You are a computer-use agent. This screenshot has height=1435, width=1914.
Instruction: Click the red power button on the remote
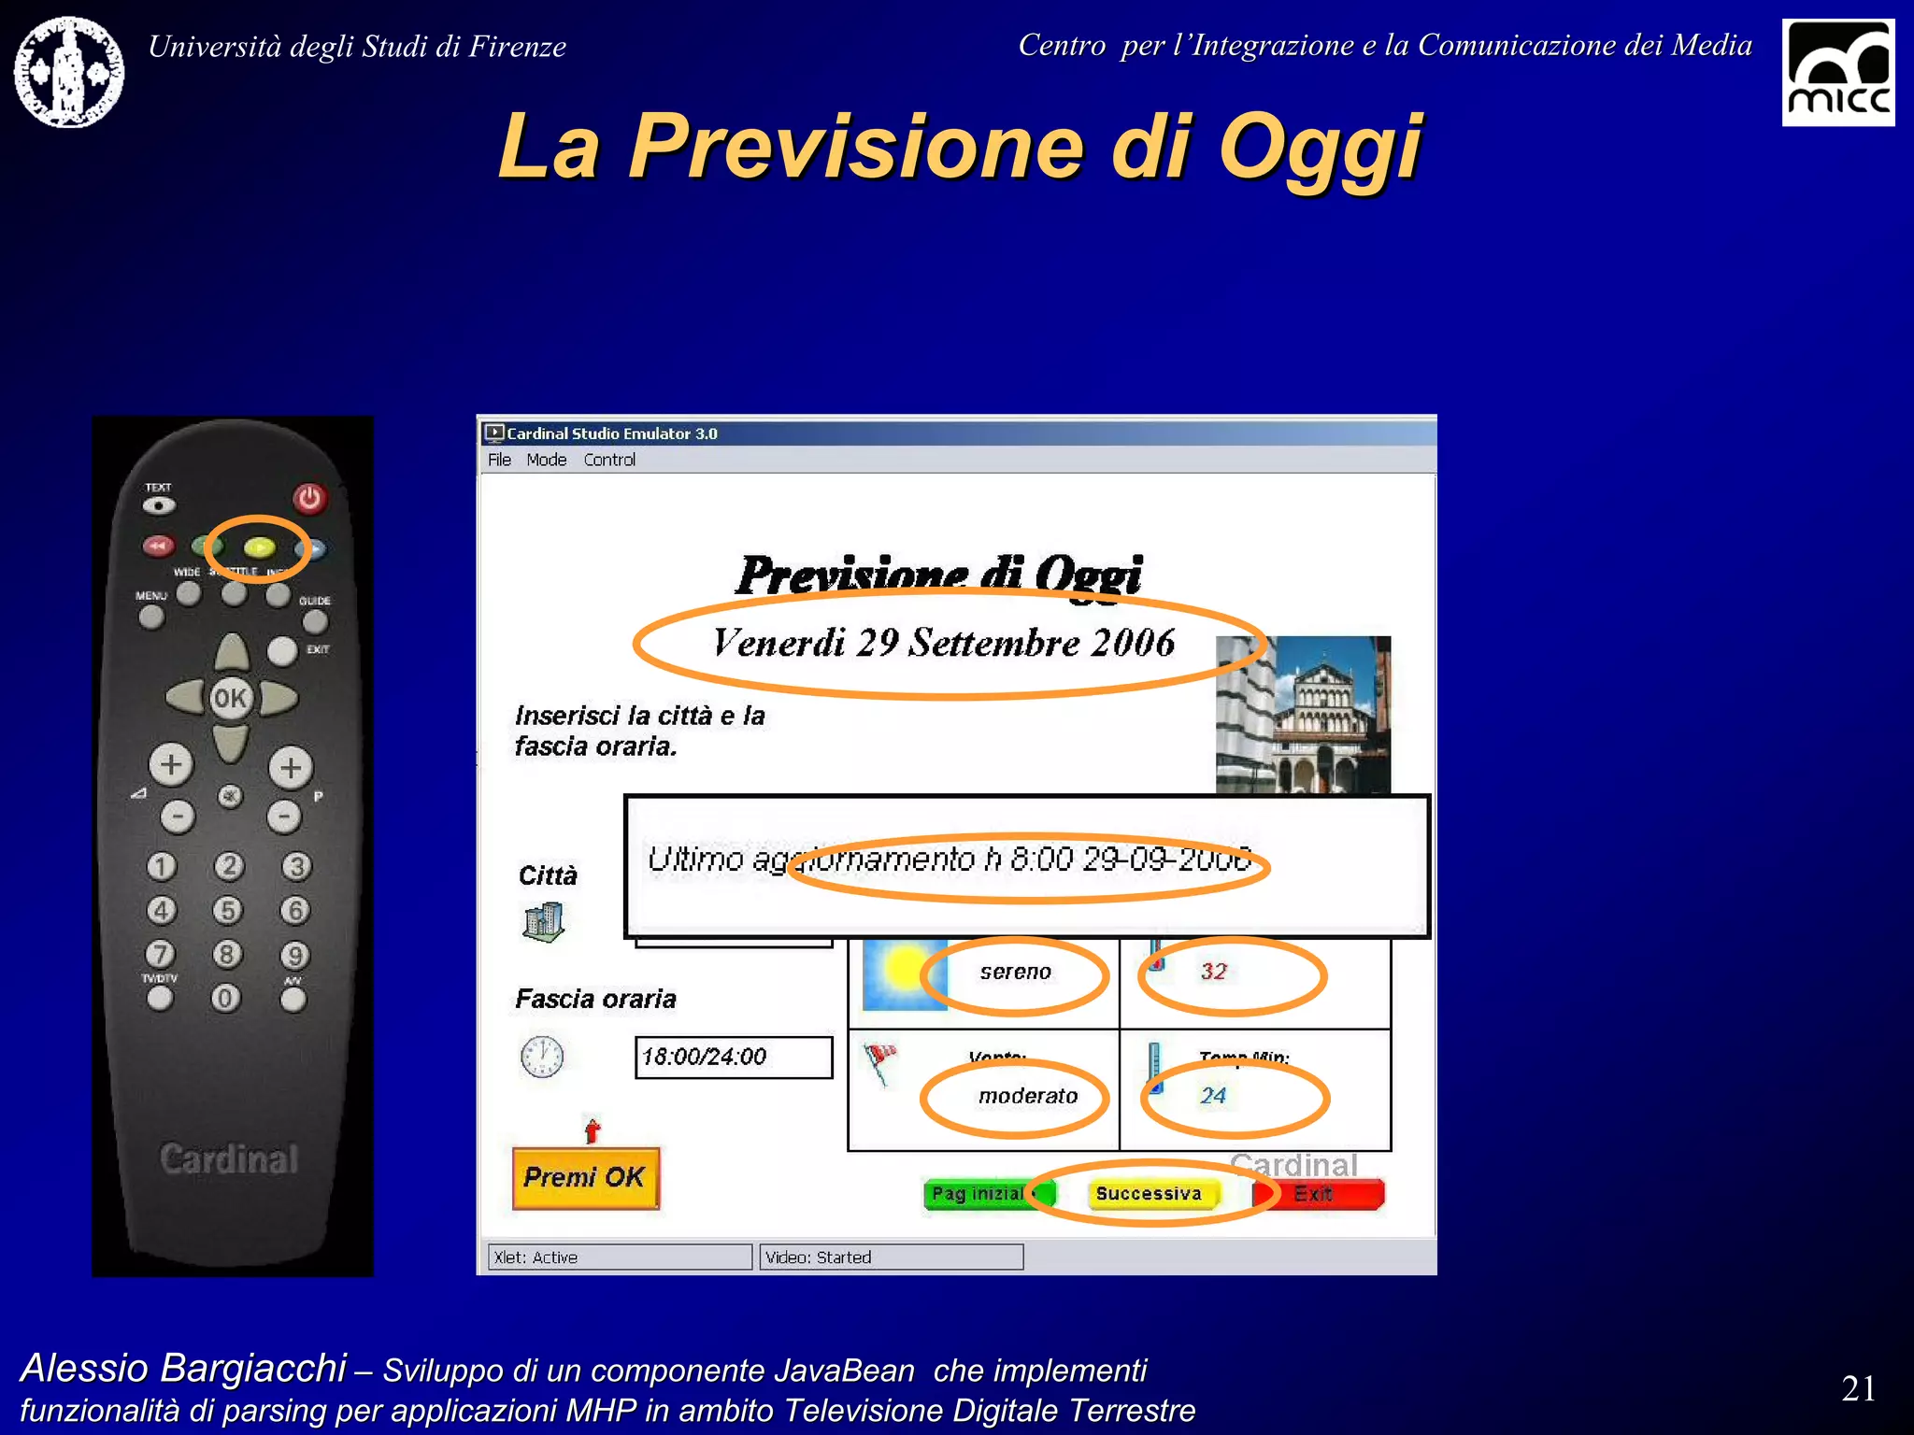click(309, 498)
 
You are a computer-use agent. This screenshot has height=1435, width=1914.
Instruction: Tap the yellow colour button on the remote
click(259, 547)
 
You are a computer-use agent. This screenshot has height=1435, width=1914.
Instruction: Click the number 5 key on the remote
click(227, 909)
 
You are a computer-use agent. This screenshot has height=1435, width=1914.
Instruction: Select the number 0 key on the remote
click(225, 998)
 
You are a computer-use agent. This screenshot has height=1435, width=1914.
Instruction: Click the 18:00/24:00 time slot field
click(733, 1057)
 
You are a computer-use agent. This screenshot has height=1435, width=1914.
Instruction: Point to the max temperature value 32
click(1213, 972)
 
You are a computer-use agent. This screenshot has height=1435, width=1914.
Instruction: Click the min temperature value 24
click(1213, 1095)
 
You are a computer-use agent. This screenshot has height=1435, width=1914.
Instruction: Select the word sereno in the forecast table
click(1015, 972)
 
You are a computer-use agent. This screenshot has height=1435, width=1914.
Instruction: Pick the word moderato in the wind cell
click(1027, 1095)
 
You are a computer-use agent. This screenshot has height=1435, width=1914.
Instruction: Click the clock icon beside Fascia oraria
click(542, 1057)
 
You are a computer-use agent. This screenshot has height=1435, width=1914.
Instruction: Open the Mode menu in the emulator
click(546, 460)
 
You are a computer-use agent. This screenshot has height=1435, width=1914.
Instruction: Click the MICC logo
click(1837, 73)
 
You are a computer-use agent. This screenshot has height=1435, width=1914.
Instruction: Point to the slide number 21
click(1858, 1388)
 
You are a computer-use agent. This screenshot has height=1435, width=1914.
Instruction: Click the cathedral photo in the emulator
click(1305, 716)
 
